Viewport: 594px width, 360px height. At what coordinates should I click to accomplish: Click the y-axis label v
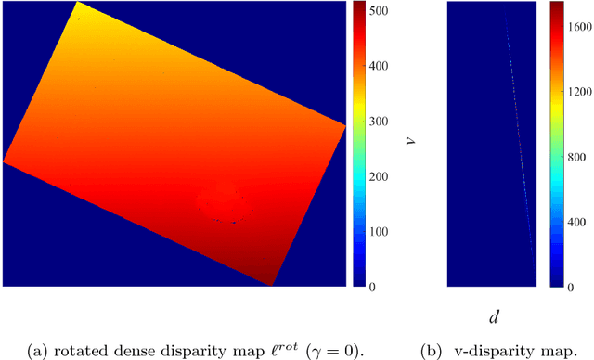(410, 140)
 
